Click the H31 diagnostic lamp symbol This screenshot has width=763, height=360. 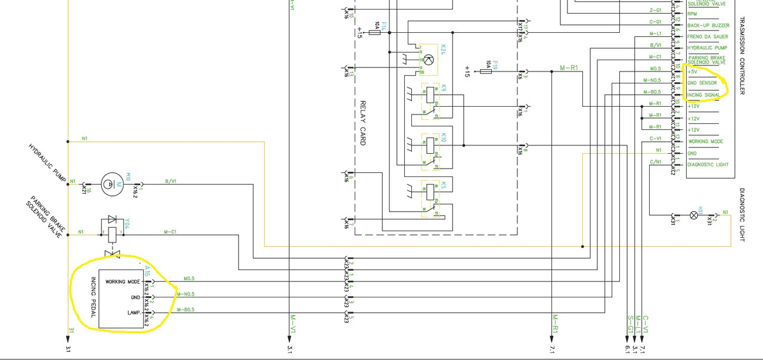click(693, 215)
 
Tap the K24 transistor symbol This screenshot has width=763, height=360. click(428, 59)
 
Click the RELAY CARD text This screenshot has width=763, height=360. click(362, 123)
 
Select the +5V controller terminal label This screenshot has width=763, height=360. click(693, 72)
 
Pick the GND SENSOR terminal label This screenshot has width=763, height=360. click(702, 83)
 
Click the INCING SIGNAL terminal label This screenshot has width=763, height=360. click(704, 95)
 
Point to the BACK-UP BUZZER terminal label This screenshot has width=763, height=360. click(708, 26)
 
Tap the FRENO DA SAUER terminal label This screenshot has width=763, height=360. click(708, 37)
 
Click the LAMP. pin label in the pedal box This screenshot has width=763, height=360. click(134, 312)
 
